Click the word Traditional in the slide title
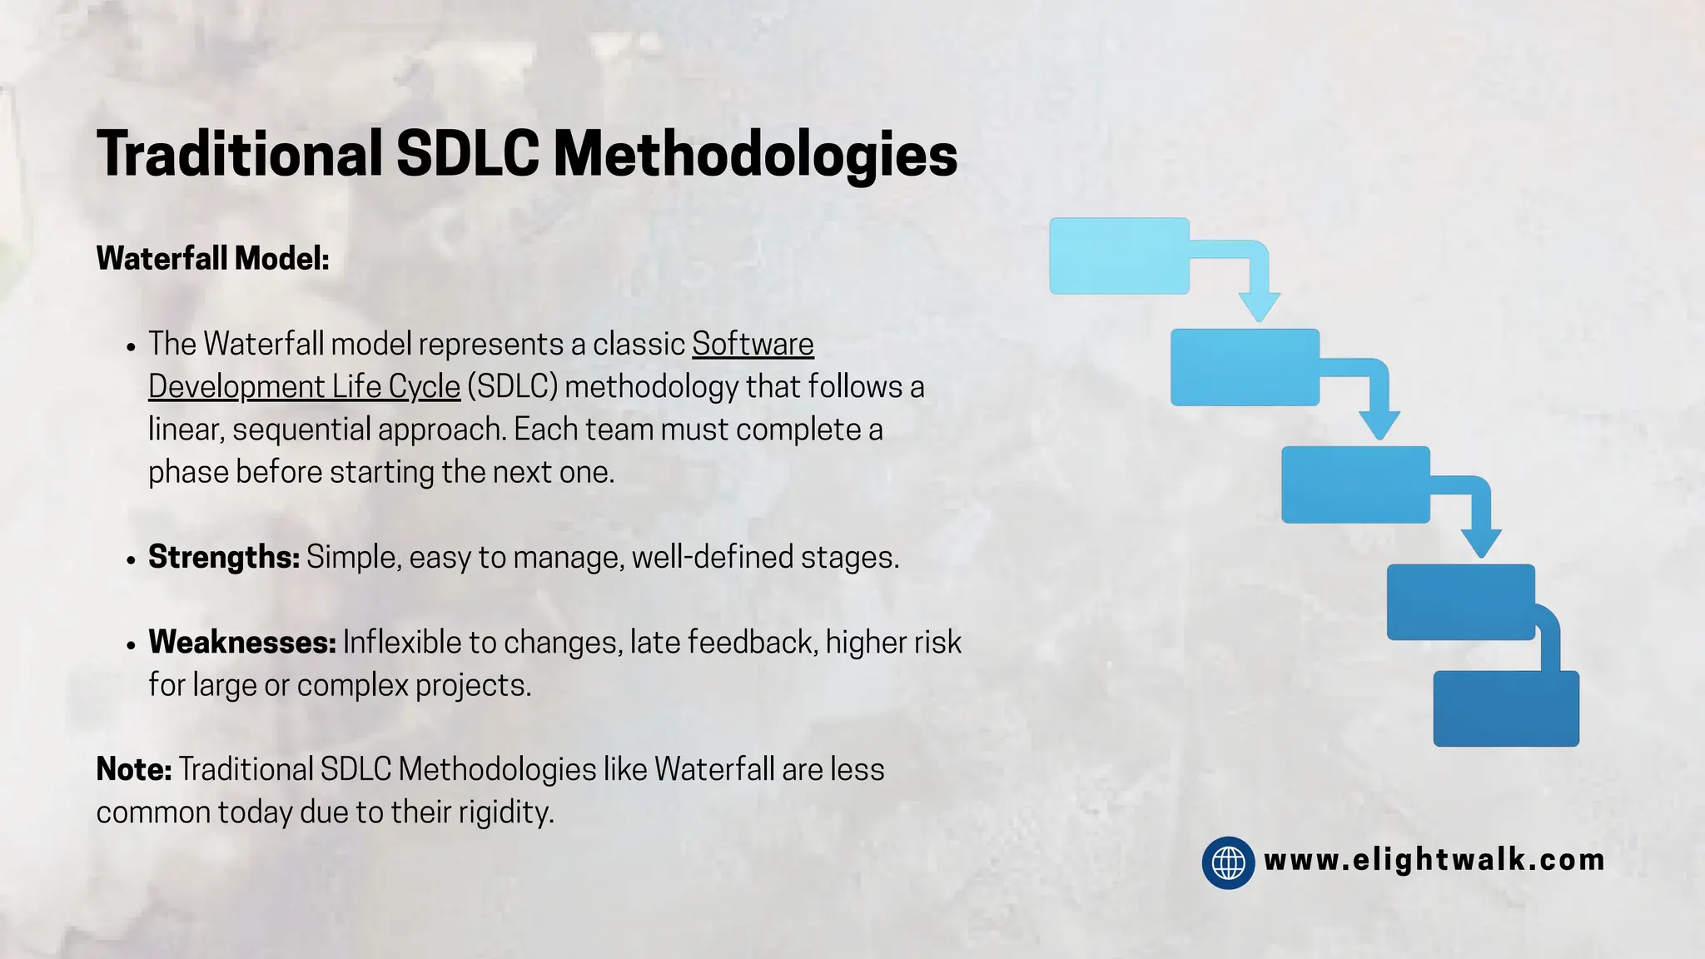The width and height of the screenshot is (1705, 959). click(239, 155)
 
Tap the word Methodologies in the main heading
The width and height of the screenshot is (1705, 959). click(755, 155)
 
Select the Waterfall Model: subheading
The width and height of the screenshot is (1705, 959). click(213, 258)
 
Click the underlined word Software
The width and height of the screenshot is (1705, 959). click(753, 344)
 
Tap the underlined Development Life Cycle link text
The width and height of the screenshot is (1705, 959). click(304, 387)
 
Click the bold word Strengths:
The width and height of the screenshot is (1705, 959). click(224, 557)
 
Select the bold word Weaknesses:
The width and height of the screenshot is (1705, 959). click(242, 642)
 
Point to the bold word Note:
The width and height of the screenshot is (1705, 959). click(134, 769)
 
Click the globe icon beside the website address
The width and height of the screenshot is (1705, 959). click(1228, 862)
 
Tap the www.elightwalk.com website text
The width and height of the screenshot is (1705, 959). click(1434, 860)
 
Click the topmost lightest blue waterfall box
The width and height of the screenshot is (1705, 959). click(1119, 256)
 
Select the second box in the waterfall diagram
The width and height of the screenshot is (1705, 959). click(1245, 367)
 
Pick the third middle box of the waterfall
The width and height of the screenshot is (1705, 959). click(1355, 484)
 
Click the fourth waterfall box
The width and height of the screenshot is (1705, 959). click(1460, 602)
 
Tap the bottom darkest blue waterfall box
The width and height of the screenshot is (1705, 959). click(1506, 708)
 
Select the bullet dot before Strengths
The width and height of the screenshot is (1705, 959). click(131, 560)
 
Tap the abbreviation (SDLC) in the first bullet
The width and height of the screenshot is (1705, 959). click(512, 387)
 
